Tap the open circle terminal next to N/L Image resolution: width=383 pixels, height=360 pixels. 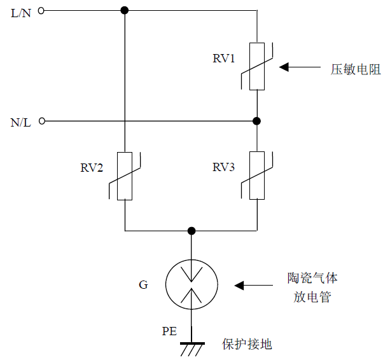click(x=42, y=121)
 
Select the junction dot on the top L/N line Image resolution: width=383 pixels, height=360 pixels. click(x=125, y=10)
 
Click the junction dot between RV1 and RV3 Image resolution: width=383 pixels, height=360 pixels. click(x=256, y=121)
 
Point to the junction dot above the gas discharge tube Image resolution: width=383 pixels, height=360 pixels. click(x=191, y=230)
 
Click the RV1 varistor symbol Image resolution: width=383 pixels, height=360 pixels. click(x=256, y=66)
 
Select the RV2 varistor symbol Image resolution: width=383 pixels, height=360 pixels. click(x=125, y=176)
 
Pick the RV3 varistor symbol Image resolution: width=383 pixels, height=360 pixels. click(x=256, y=176)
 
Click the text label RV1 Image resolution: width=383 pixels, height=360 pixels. click(x=224, y=59)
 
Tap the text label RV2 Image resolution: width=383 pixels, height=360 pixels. click(x=92, y=169)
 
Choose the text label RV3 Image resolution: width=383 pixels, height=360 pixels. click(x=224, y=168)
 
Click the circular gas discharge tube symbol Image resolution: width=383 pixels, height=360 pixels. click(x=191, y=285)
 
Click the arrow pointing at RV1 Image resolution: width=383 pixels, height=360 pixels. click(x=299, y=67)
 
